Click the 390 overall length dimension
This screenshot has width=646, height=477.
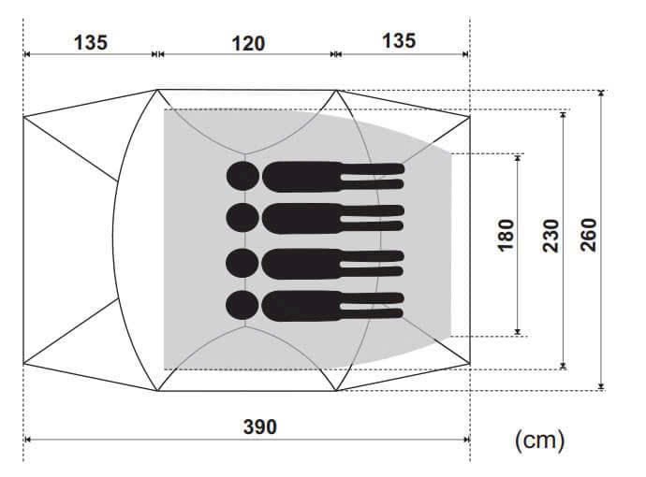point(259,426)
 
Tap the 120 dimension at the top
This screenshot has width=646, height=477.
point(248,44)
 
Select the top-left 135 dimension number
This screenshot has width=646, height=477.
point(91,42)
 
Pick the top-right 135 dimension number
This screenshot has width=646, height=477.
point(399,41)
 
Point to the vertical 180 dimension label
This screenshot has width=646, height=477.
point(507,235)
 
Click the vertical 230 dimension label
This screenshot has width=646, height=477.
point(551,236)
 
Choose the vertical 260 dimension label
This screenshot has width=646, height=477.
point(588,235)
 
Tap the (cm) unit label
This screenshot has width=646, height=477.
point(539,440)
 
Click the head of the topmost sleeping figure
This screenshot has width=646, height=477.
point(243,176)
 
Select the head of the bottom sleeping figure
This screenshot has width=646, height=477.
point(242,305)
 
